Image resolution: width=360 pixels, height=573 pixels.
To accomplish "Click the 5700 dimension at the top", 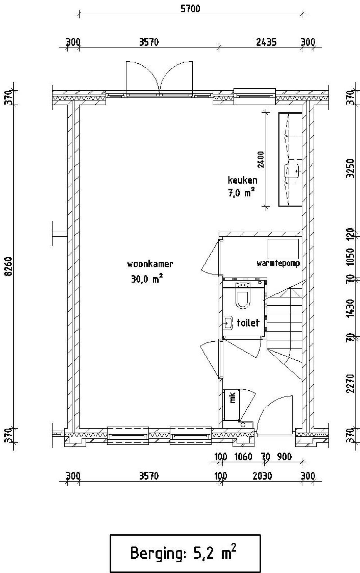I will pyautogui.click(x=190, y=9).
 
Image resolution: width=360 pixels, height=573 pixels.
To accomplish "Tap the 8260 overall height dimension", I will pyautogui.click(x=9, y=266).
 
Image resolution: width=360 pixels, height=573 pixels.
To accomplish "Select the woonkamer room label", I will pyautogui.click(x=150, y=264).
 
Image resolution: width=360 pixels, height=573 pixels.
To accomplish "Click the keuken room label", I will pyautogui.click(x=242, y=180).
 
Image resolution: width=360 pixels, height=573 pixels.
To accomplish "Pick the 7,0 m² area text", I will pyautogui.click(x=241, y=193).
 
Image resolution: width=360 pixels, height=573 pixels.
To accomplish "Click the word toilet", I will pyautogui.click(x=248, y=323).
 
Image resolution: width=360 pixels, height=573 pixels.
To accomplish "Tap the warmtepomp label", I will pyautogui.click(x=278, y=263).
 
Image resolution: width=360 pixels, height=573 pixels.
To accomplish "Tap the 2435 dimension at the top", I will pyautogui.click(x=266, y=42).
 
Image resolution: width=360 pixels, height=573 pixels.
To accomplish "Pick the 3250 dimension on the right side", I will pyautogui.click(x=350, y=168).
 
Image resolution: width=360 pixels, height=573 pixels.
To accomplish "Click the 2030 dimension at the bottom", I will pyautogui.click(x=262, y=476).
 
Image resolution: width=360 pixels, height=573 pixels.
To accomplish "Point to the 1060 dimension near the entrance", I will pyautogui.click(x=243, y=456).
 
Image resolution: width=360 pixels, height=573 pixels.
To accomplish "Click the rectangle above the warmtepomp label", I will pyautogui.click(x=283, y=249).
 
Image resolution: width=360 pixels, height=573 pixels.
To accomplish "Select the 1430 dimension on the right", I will pyautogui.click(x=350, y=308).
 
